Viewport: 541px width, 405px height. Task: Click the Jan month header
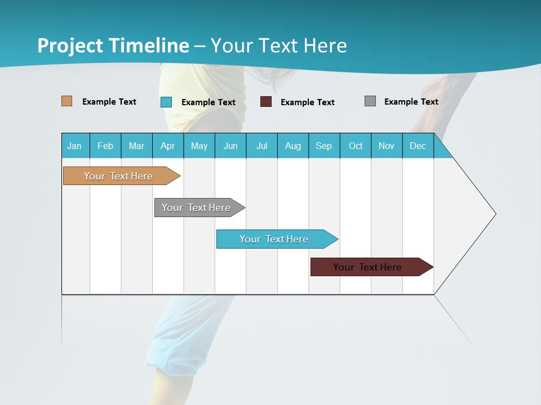tap(75, 146)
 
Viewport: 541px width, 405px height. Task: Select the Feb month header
tap(105, 146)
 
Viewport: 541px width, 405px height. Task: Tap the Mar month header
tap(136, 146)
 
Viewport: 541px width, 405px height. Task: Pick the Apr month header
tap(168, 146)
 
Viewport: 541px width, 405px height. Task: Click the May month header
tap(199, 146)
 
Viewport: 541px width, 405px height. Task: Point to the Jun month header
tap(230, 146)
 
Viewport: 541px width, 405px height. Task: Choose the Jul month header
tap(261, 146)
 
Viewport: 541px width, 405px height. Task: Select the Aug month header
tap(293, 146)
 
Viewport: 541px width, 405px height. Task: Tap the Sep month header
tap(324, 146)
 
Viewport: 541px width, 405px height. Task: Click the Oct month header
tap(356, 146)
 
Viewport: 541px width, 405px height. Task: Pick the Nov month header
tap(387, 146)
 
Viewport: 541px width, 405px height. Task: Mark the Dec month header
tap(418, 146)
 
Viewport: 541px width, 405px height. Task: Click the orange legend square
tap(67, 101)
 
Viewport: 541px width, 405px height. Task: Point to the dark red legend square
tap(266, 102)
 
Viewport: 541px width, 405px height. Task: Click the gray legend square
tap(370, 101)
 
